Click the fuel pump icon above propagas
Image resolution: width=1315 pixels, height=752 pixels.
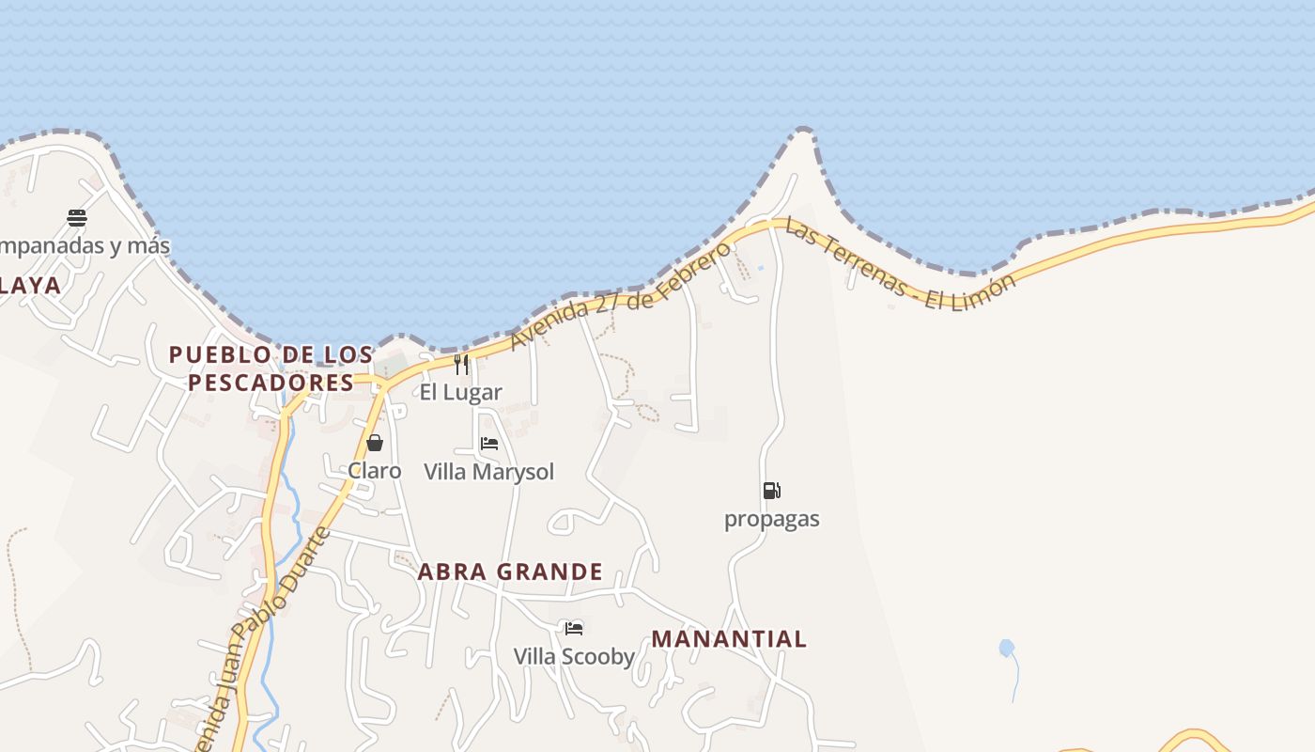pyautogui.click(x=771, y=490)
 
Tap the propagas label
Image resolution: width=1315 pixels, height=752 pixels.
pyautogui.click(x=771, y=519)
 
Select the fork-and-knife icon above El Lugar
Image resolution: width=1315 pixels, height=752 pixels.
pyautogui.click(x=461, y=365)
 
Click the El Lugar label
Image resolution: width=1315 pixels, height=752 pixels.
pyautogui.click(x=460, y=392)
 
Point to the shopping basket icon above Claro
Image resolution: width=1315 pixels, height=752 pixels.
pyautogui.click(x=375, y=443)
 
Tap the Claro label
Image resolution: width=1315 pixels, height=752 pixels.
pyautogui.click(x=375, y=470)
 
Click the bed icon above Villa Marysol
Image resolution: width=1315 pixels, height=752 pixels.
pyautogui.click(x=489, y=444)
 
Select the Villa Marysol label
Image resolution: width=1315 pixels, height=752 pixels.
pyautogui.click(x=488, y=471)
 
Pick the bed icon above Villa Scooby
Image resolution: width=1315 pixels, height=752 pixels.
pyautogui.click(x=574, y=628)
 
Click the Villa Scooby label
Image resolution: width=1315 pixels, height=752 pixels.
pyautogui.click(x=574, y=656)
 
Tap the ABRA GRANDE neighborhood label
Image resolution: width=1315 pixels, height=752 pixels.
pyautogui.click(x=510, y=572)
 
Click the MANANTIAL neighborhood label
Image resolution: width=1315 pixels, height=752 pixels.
pyautogui.click(x=729, y=639)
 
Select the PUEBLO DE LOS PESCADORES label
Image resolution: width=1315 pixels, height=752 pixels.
pyautogui.click(x=271, y=368)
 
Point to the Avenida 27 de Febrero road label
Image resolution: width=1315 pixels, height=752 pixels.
pyautogui.click(x=620, y=296)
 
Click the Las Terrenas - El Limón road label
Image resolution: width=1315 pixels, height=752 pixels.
pyautogui.click(x=900, y=266)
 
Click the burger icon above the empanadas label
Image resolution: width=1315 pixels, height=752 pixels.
pyautogui.click(x=77, y=219)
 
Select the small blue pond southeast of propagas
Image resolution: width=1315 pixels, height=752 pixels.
pyautogui.click(x=1006, y=648)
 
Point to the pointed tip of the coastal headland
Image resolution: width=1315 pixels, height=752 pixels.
pyautogui.click(x=803, y=131)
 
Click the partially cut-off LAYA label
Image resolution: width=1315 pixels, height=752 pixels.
pyautogui.click(x=30, y=286)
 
